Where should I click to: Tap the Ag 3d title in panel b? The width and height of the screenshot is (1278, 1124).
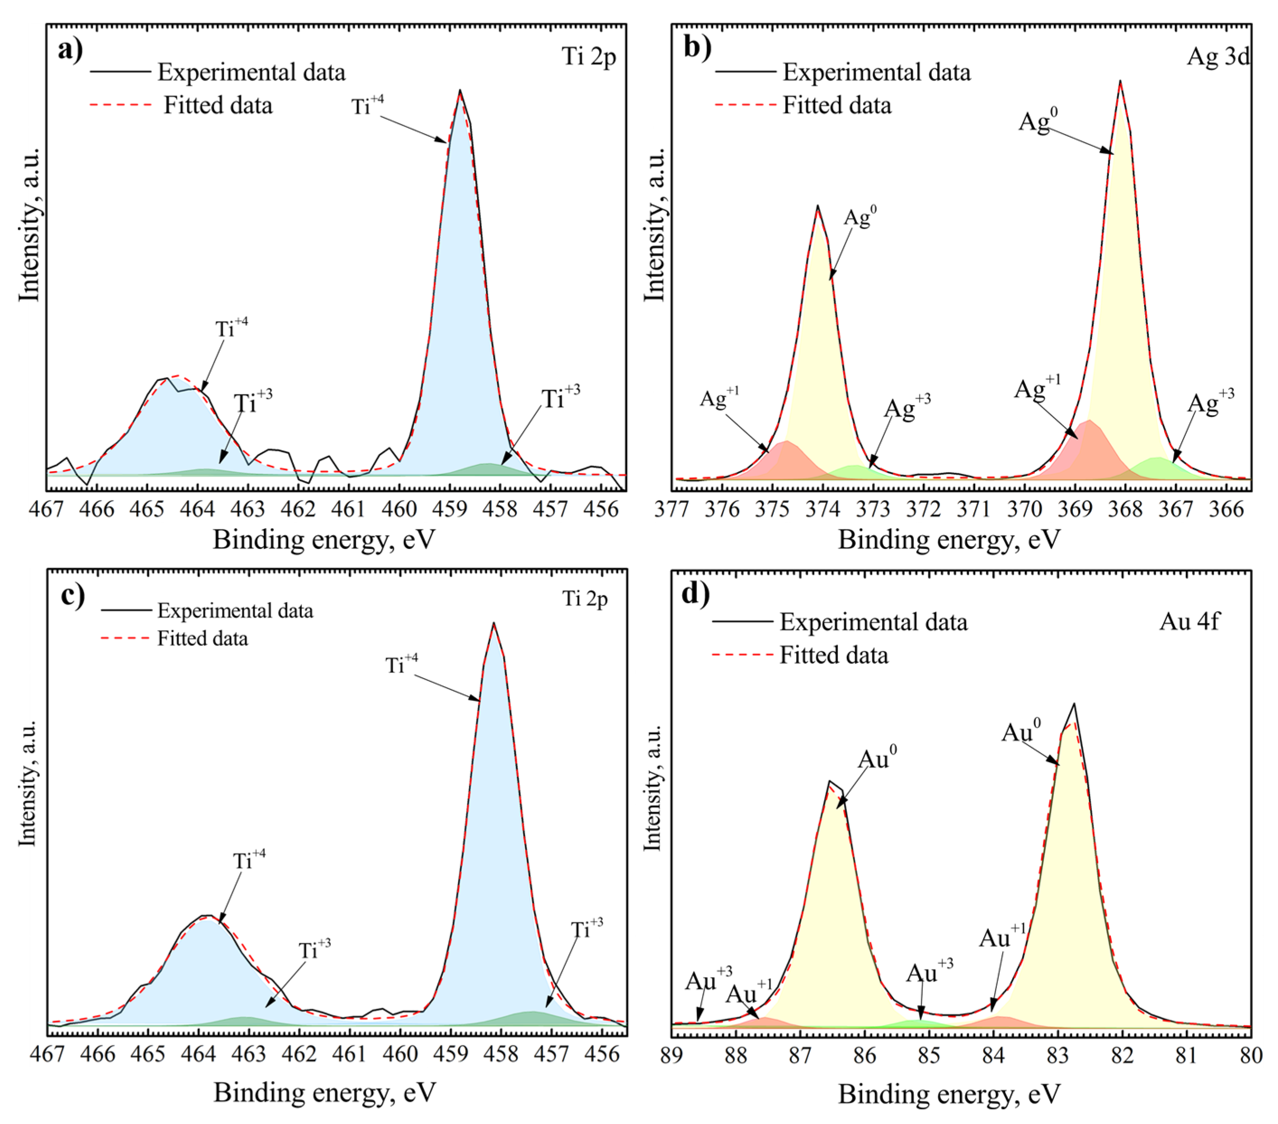pos(1218,56)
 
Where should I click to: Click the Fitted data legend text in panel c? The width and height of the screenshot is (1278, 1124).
pos(202,639)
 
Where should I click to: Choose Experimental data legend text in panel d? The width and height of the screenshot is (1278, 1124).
pos(874,623)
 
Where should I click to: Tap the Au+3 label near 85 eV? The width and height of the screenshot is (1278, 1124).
pos(930,974)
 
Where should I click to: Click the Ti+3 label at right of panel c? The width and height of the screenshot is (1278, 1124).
pos(587,930)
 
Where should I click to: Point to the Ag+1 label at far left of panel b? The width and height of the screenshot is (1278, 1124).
pos(719,398)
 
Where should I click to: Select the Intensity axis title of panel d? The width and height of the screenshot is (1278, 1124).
pos(652,788)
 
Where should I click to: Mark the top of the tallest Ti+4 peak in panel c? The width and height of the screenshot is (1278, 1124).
pos(493,623)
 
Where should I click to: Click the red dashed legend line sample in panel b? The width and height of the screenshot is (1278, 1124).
pos(745,105)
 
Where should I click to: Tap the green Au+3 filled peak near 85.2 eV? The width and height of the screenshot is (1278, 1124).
pos(916,1024)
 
